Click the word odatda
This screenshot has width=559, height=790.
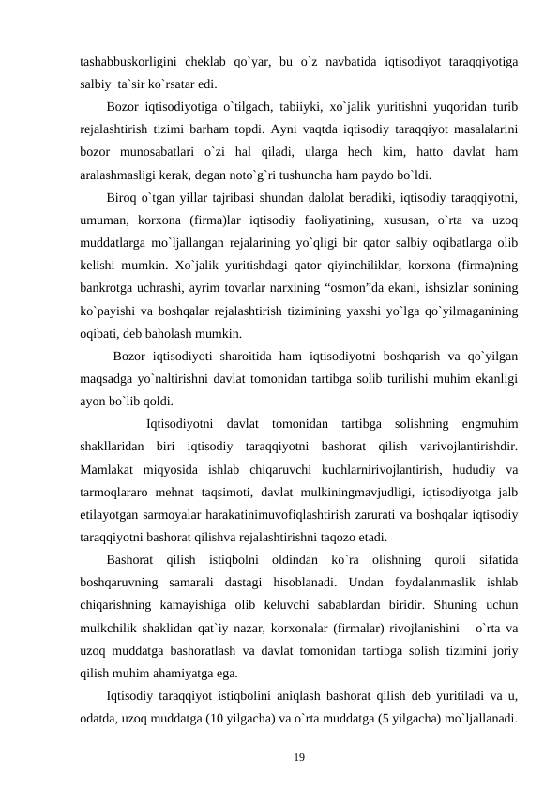tap(102, 719)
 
